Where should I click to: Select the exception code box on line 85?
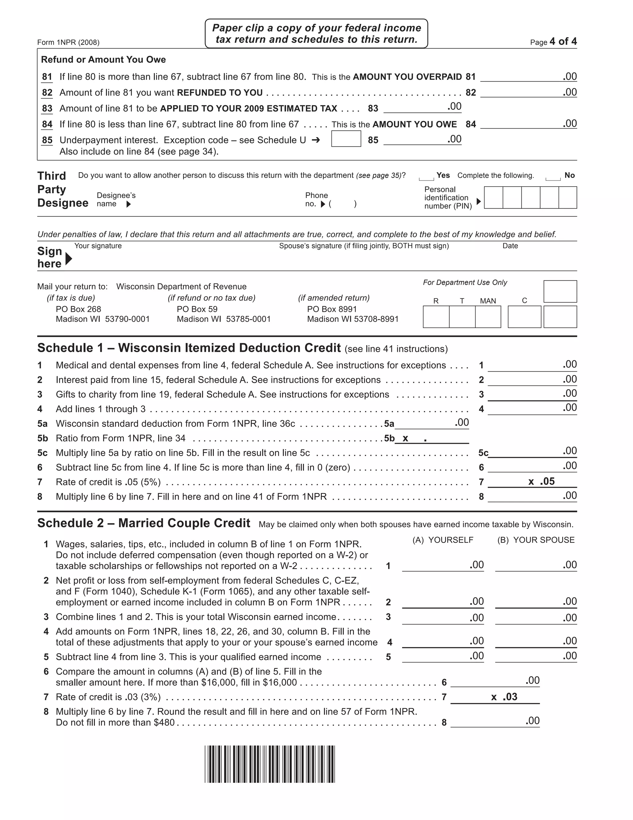[x=346, y=139]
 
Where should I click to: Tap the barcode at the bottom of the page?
[x=270, y=764]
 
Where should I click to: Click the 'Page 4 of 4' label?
[x=553, y=42]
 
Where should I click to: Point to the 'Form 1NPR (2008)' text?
[x=68, y=42]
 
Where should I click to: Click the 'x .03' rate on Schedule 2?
[x=504, y=697]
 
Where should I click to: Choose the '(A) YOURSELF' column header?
[x=443, y=540]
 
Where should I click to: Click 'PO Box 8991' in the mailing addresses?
[x=332, y=309]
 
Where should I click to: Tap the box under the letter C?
[x=524, y=317]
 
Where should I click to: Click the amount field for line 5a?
[x=431, y=424]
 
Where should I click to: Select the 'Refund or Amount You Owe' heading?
[x=103, y=60]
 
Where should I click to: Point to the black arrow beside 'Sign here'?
[x=68, y=258]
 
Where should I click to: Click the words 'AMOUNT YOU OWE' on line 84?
[x=414, y=124]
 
